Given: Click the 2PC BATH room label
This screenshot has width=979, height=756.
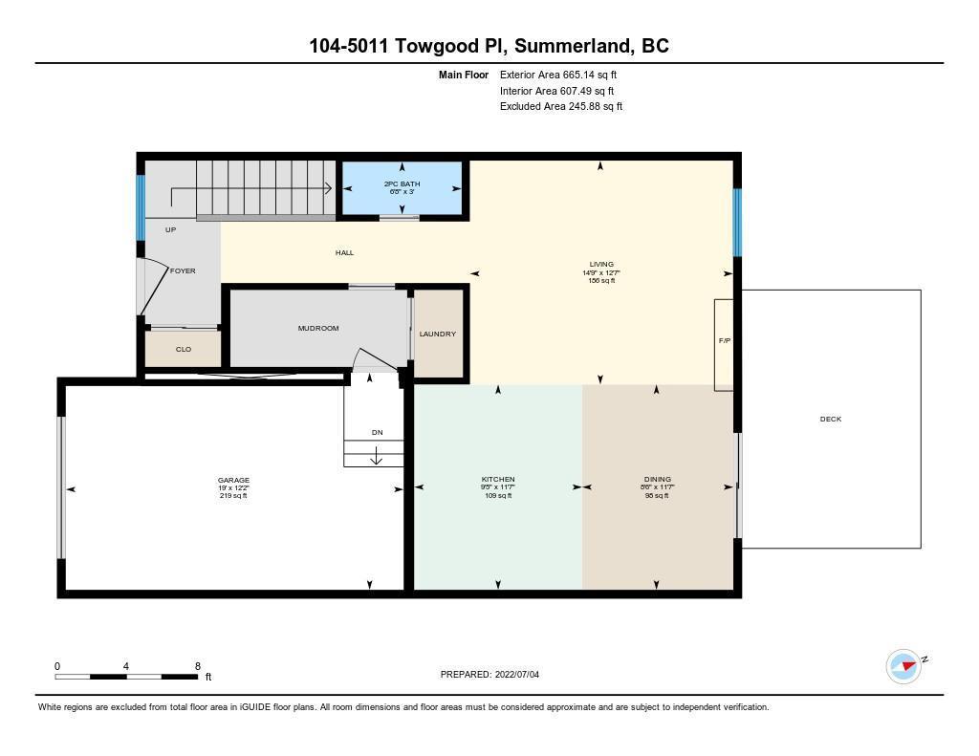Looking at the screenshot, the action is [402, 184].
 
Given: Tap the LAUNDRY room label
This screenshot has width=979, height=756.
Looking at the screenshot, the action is [438, 334].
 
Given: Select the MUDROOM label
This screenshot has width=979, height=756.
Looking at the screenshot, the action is [318, 329].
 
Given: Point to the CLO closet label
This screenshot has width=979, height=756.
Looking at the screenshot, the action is [184, 349].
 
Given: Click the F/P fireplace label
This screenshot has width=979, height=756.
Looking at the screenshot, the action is [725, 341].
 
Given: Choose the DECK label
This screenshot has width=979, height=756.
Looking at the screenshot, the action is [831, 419].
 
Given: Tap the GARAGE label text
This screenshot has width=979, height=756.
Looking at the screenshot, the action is [233, 480].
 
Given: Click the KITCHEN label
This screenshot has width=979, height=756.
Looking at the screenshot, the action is [498, 480].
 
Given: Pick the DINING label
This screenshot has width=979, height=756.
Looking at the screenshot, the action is [658, 480].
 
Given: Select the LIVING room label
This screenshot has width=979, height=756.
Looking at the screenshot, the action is [601, 264].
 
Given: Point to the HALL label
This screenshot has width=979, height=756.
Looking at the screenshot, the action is [344, 253].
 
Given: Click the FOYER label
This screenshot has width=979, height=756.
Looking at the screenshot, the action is [183, 270].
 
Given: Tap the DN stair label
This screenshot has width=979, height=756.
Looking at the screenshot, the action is [377, 432].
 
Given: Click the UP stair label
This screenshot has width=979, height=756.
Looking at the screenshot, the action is [170, 229].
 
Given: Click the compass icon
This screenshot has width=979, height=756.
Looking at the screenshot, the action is [903, 666].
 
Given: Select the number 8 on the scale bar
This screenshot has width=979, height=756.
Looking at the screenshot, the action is [197, 666].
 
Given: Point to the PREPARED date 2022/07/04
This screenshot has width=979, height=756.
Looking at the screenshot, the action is [517, 674].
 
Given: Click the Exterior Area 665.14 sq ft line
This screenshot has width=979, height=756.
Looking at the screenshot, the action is [558, 75].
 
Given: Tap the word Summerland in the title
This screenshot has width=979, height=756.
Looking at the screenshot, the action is [572, 46].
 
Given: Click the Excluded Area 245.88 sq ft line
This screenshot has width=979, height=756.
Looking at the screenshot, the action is [560, 106].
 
